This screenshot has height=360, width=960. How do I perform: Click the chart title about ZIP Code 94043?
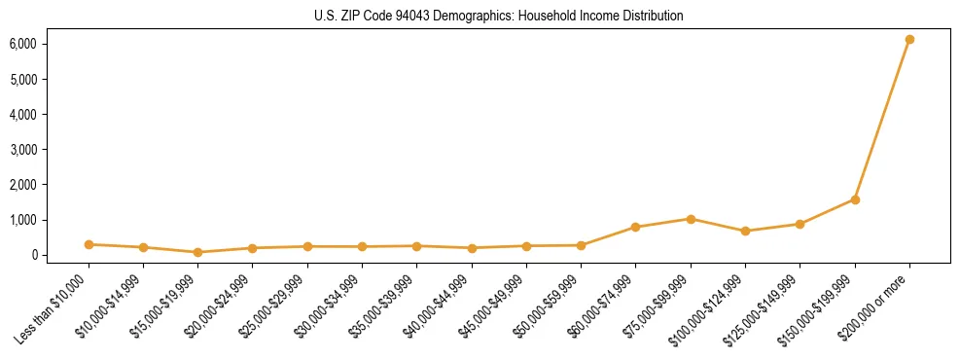click(x=480, y=17)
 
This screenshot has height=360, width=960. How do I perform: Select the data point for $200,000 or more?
click(x=909, y=40)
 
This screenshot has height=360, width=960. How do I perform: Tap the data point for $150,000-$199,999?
click(x=855, y=199)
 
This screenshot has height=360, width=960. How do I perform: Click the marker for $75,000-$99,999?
click(x=691, y=219)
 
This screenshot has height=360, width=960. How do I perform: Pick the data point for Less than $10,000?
click(x=89, y=244)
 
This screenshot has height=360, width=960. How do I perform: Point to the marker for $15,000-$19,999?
click(x=197, y=252)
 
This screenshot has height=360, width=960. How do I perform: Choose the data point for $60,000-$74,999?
click(x=635, y=227)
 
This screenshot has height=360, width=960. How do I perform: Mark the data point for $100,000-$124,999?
click(x=745, y=232)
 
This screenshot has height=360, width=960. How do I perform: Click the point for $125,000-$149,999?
click(x=800, y=224)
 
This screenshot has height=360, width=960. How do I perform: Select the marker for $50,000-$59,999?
click(x=581, y=245)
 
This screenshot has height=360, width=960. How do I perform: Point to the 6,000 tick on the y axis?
click(x=23, y=44)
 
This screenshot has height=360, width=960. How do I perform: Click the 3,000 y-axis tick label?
click(x=23, y=150)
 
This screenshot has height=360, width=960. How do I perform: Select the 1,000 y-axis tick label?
click(x=23, y=220)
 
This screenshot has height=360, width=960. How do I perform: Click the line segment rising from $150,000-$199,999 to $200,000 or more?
click(x=882, y=120)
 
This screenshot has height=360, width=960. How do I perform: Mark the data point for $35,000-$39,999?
click(x=416, y=246)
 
